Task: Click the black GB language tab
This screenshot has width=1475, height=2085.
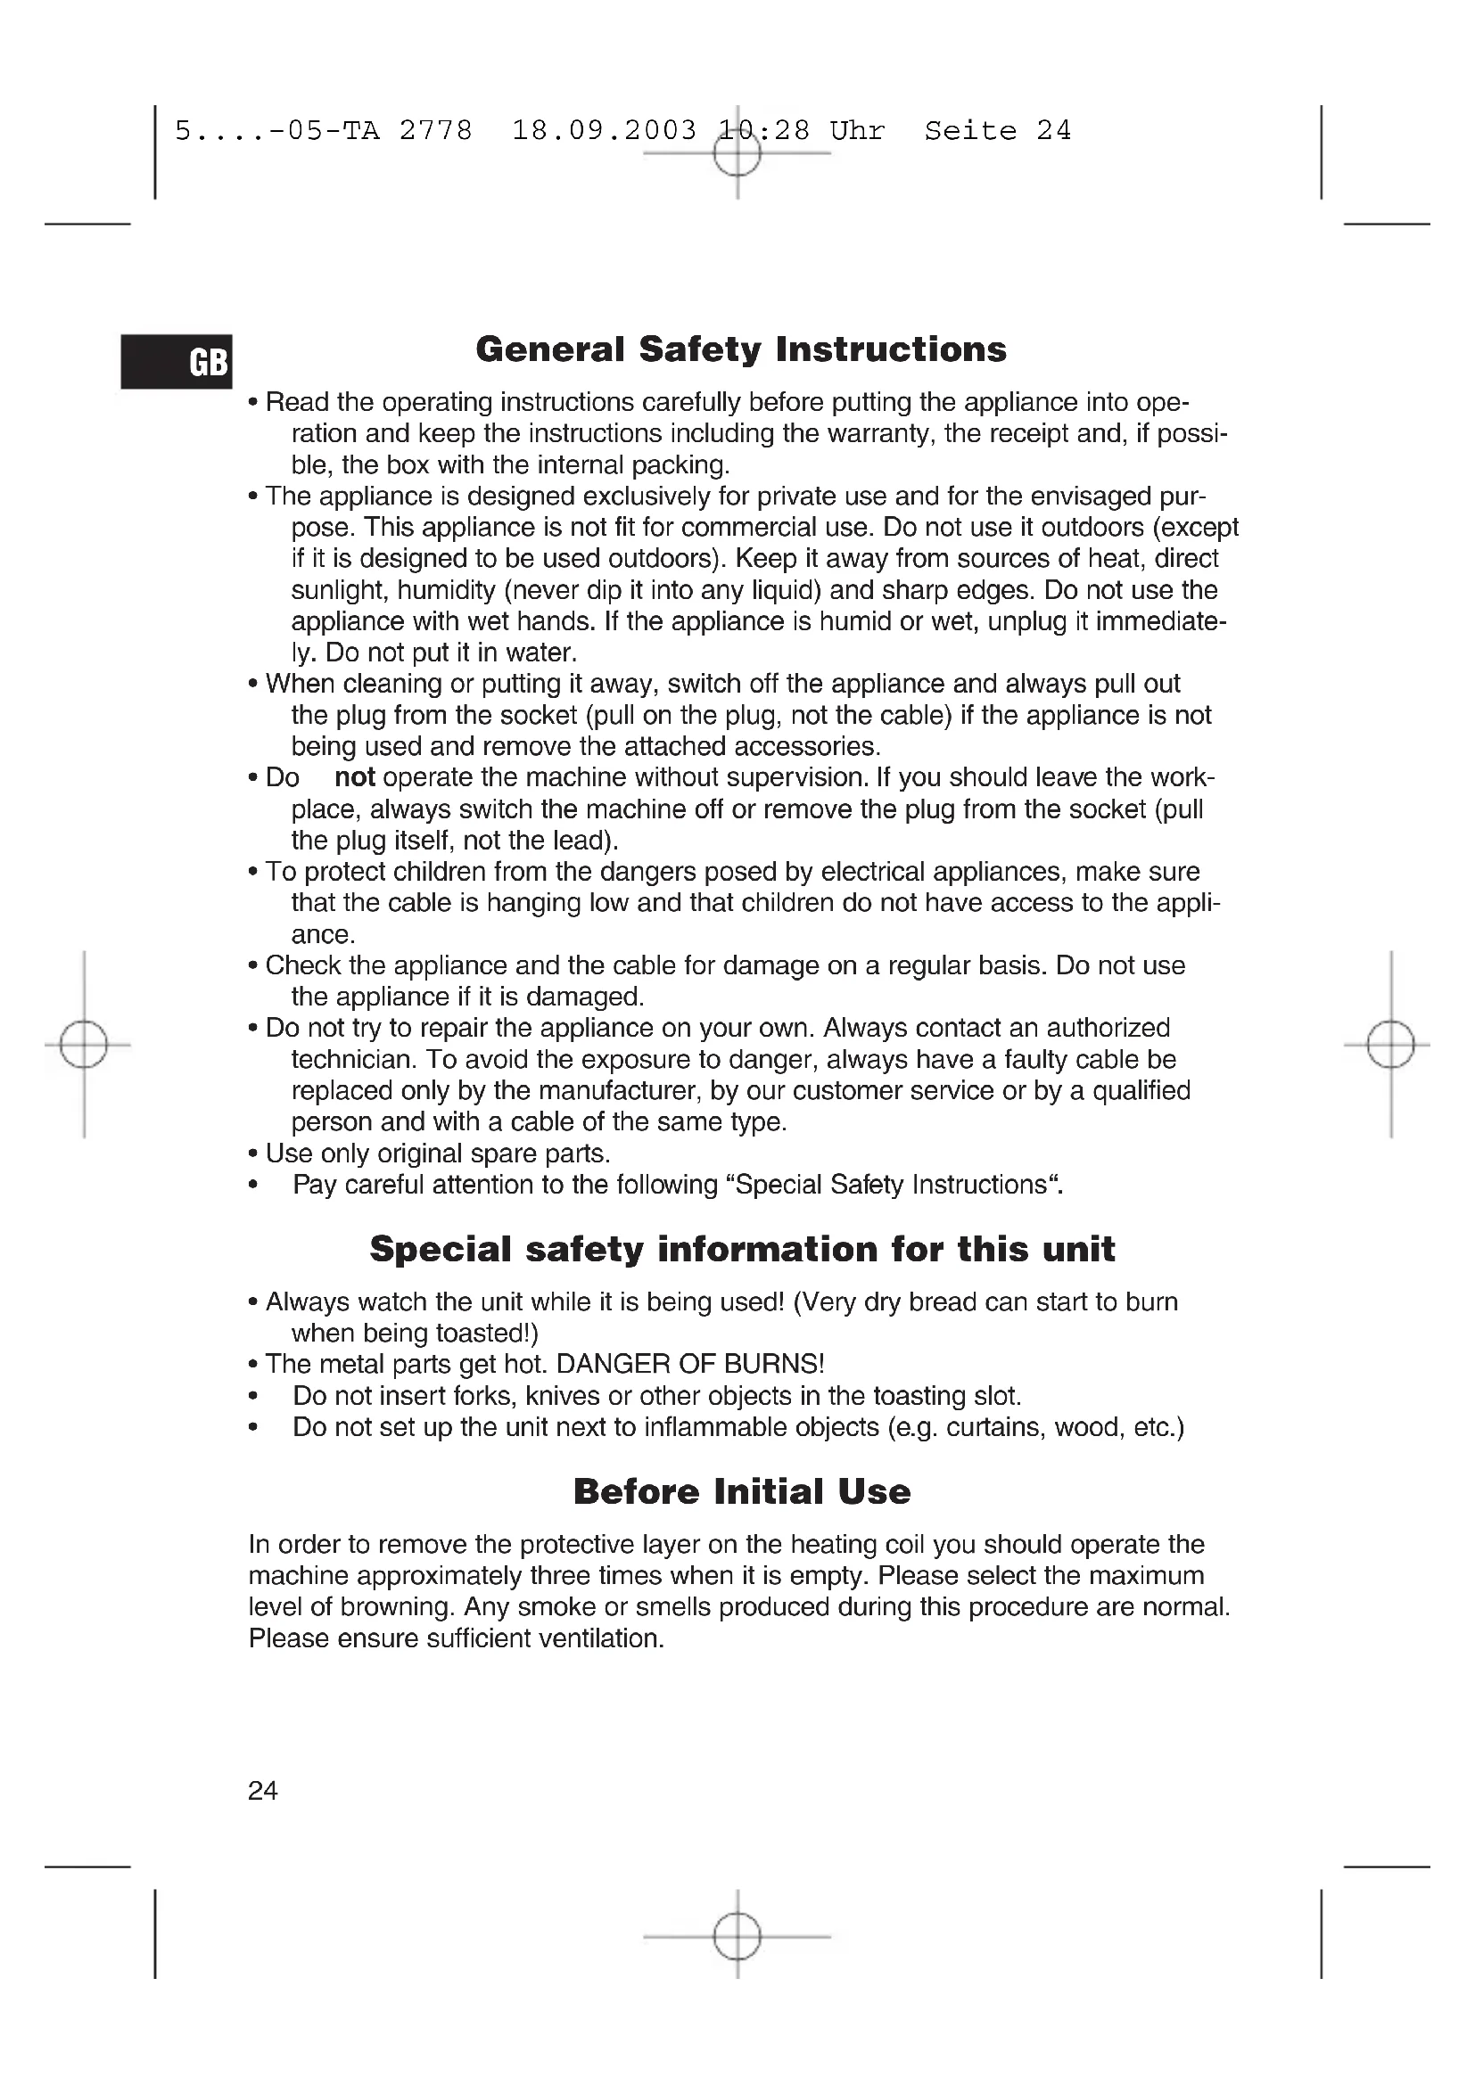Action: tap(177, 361)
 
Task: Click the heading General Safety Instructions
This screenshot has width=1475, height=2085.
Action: tap(741, 349)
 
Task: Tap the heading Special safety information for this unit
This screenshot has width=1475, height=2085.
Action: tap(741, 1250)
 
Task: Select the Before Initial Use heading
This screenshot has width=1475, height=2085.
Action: tap(741, 1492)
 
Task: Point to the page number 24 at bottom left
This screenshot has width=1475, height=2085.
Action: tap(262, 1790)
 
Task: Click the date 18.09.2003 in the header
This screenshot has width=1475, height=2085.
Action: tap(604, 131)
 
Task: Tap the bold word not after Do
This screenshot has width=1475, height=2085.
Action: tap(354, 778)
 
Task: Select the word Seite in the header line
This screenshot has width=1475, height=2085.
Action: tap(970, 131)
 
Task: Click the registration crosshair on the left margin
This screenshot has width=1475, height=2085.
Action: tap(84, 1046)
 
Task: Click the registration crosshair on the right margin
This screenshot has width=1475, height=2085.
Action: tap(1390, 1046)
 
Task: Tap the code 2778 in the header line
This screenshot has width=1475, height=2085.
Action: tap(436, 131)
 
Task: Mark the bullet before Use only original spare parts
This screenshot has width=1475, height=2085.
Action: tap(253, 1154)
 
